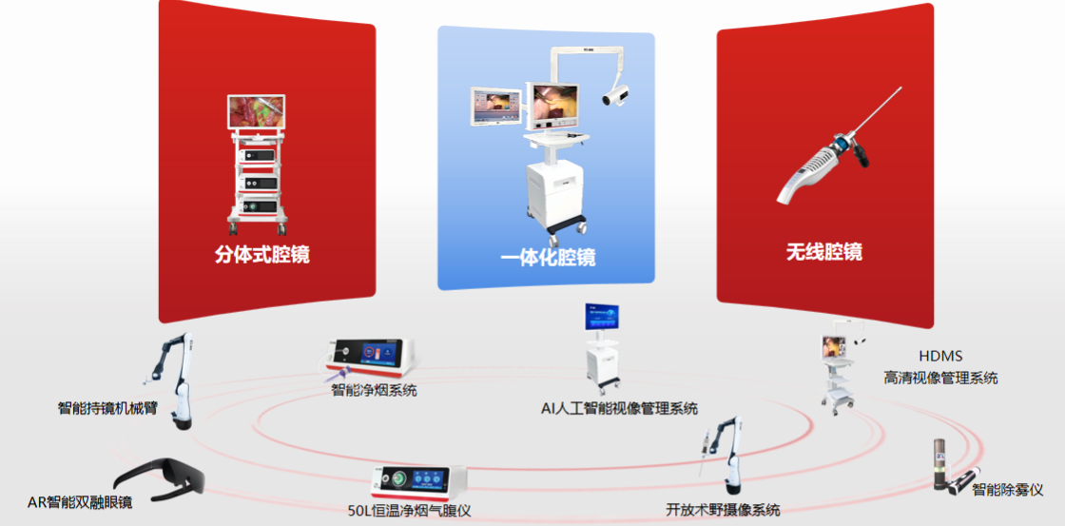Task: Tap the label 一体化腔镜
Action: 548,258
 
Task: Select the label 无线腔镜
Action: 823,252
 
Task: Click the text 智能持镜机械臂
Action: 107,409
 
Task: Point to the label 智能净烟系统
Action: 374,390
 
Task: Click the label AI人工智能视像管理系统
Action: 619,409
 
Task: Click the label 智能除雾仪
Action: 1007,490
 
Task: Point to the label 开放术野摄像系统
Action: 723,511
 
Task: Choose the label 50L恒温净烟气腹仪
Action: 409,511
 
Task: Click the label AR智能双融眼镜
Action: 80,502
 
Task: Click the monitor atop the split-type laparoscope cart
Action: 255,111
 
